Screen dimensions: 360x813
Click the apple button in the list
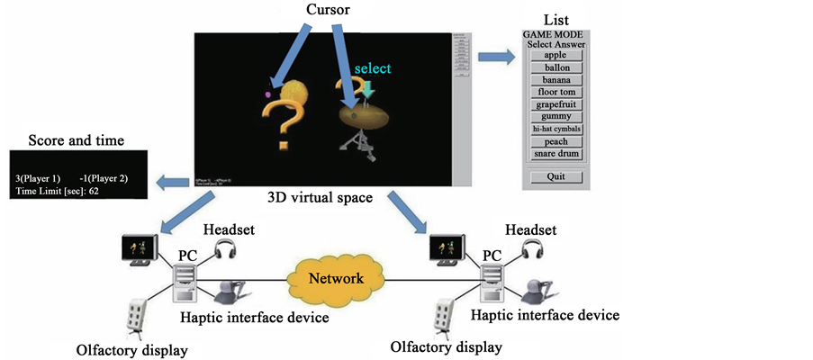556,55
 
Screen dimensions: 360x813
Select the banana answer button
556,79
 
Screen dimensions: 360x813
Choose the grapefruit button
556,104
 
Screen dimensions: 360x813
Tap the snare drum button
556,154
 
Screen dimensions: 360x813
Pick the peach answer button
556,141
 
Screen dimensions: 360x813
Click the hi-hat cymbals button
556,129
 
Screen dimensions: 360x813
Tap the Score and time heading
76,140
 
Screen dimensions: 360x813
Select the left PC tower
185,281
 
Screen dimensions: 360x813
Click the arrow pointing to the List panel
493,58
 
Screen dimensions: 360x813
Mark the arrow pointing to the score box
171,183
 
